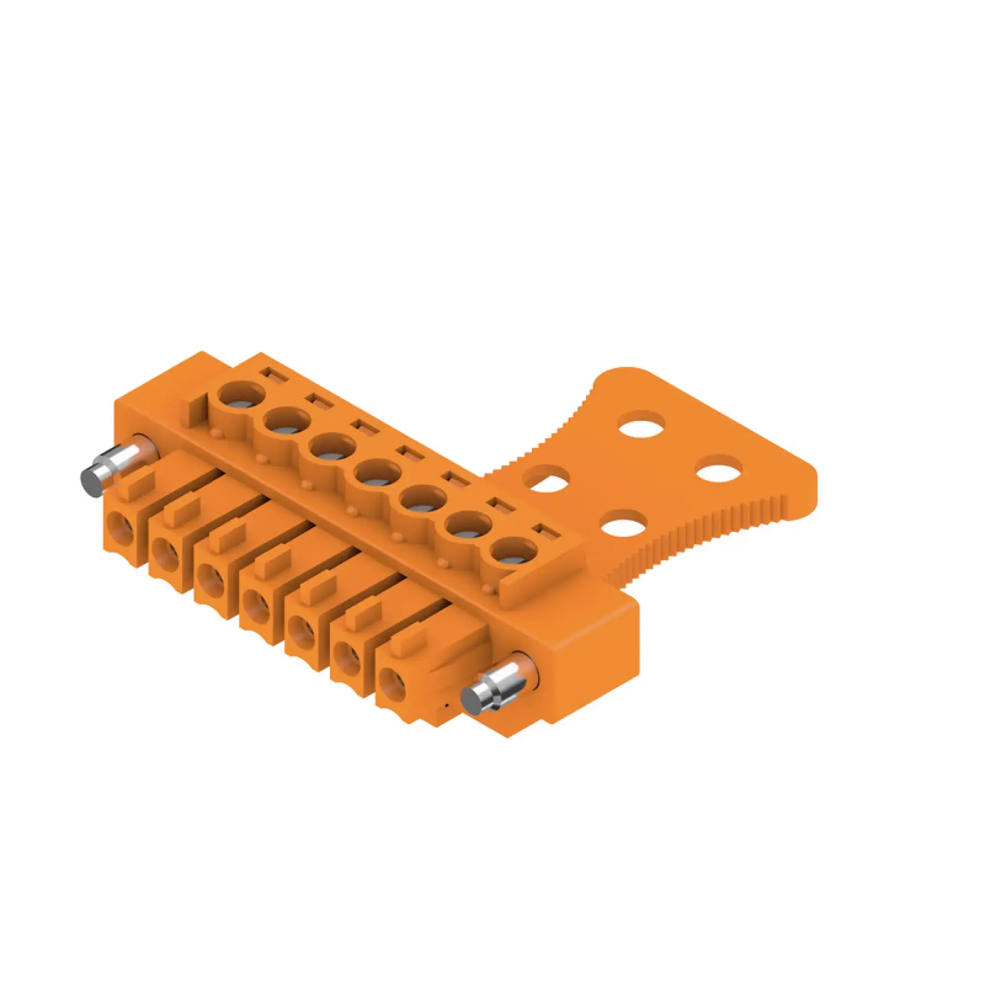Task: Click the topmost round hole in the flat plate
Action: pyautogui.click(x=642, y=424)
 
